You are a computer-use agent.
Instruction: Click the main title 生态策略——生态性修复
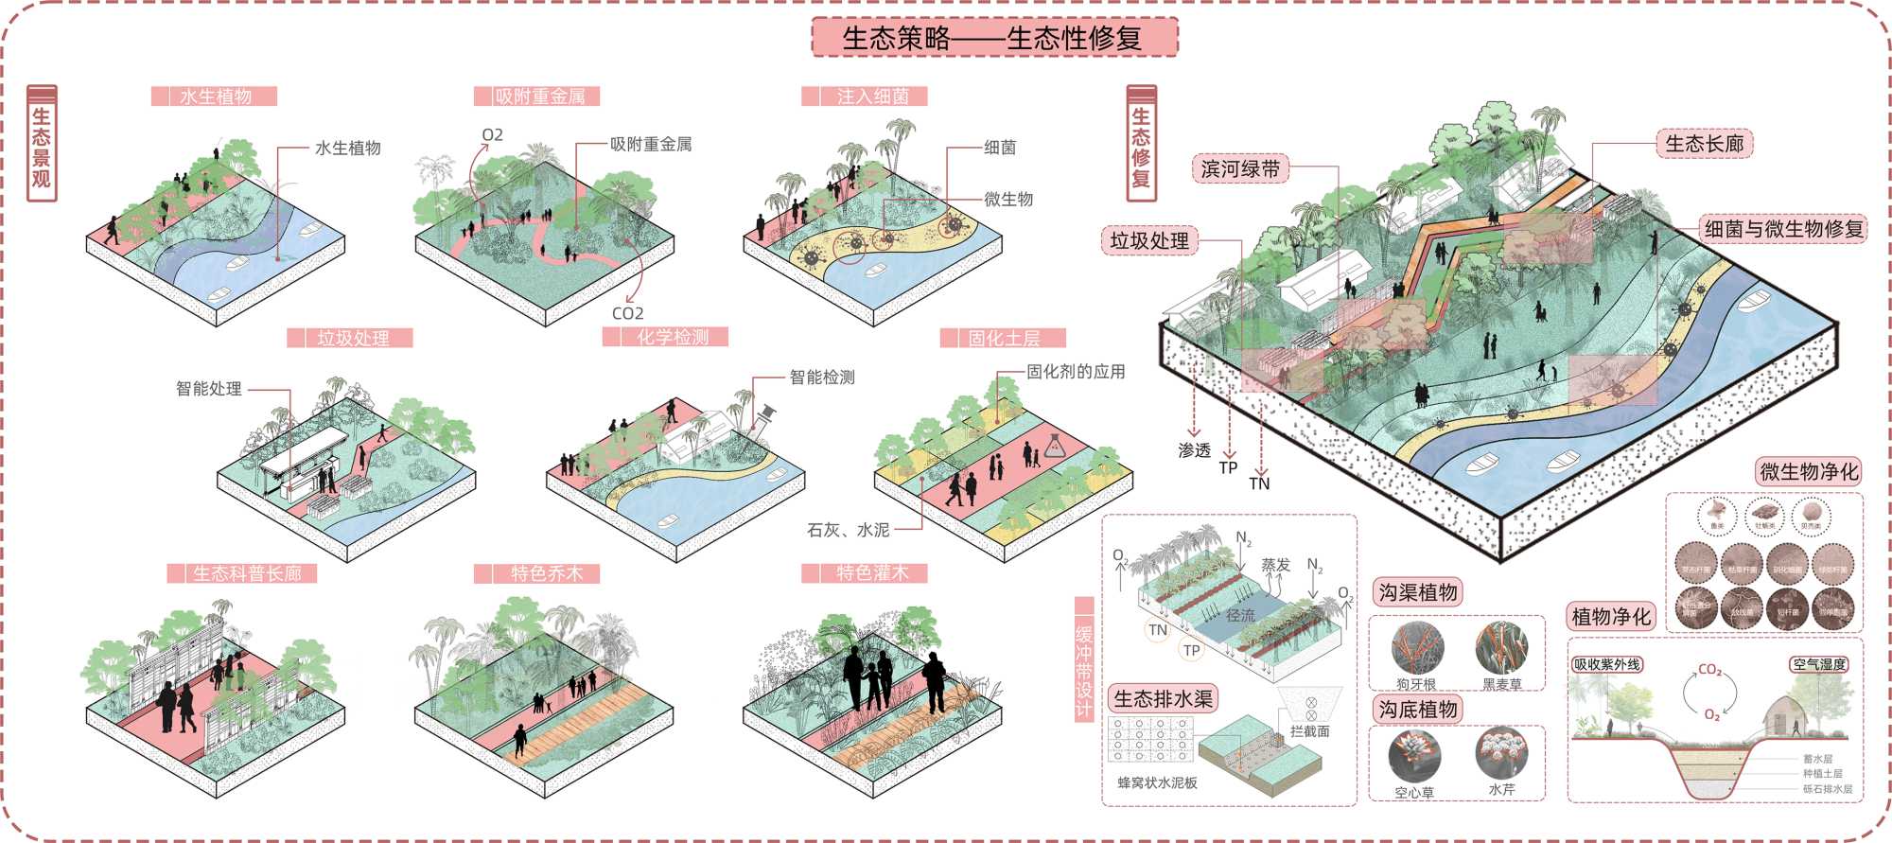tap(994, 38)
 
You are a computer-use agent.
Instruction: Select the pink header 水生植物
tap(215, 97)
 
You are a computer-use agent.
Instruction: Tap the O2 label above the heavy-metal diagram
tap(492, 135)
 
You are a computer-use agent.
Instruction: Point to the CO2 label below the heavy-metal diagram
tap(627, 313)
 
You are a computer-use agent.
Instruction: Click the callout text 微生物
tap(1008, 199)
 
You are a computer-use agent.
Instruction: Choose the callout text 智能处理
tap(209, 389)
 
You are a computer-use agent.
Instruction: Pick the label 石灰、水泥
tap(848, 530)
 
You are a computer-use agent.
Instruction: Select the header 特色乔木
tap(546, 573)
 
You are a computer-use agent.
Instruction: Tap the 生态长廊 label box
tap(1704, 144)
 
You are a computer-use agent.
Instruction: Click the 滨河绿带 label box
tap(1240, 169)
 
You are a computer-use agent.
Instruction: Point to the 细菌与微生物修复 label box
tap(1783, 229)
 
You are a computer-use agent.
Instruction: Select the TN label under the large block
tap(1259, 483)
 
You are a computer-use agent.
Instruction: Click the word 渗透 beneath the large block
tap(1194, 450)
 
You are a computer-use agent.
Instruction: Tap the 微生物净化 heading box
tap(1809, 471)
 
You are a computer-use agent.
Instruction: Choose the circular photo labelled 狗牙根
tap(1416, 648)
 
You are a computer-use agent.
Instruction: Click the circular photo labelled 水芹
tap(1500, 754)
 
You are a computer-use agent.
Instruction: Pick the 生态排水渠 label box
tap(1163, 699)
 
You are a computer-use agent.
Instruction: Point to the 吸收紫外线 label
tap(1607, 664)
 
